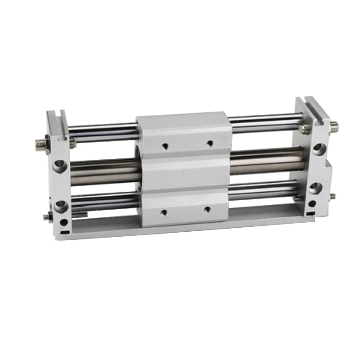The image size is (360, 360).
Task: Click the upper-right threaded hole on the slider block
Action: coord(209,144)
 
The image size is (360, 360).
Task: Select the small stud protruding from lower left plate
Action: coord(46,217)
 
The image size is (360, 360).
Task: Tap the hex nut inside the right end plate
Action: coord(305,129)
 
